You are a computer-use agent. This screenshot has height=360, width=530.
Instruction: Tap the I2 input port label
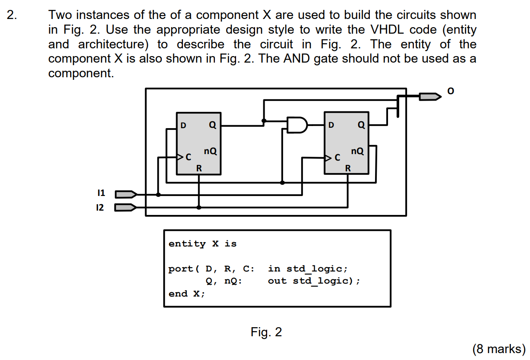tap(100, 208)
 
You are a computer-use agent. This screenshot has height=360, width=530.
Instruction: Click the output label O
tap(451, 91)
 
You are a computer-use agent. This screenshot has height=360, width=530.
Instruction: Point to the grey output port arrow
tap(430, 97)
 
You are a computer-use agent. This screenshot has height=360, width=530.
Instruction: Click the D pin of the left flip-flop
tap(183, 126)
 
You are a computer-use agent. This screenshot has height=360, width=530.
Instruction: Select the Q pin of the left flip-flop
tap(212, 126)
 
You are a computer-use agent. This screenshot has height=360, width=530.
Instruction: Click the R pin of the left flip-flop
tap(199, 168)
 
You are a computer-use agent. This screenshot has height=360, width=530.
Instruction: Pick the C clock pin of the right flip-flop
tap(338, 158)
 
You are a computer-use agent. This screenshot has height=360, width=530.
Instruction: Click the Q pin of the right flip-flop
tap(361, 126)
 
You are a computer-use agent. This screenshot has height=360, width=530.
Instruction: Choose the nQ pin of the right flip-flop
tap(357, 151)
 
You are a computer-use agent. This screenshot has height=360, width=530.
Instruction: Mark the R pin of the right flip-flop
tap(347, 168)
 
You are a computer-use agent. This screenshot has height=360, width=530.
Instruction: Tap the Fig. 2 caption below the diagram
tap(266, 332)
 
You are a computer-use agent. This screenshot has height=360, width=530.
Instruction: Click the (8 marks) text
tap(499, 348)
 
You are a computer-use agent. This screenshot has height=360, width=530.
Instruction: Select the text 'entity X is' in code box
tap(202, 244)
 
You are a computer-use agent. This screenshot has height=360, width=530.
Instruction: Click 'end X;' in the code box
tap(187, 294)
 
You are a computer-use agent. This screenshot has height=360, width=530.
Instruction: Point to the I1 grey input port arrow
tap(126, 194)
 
